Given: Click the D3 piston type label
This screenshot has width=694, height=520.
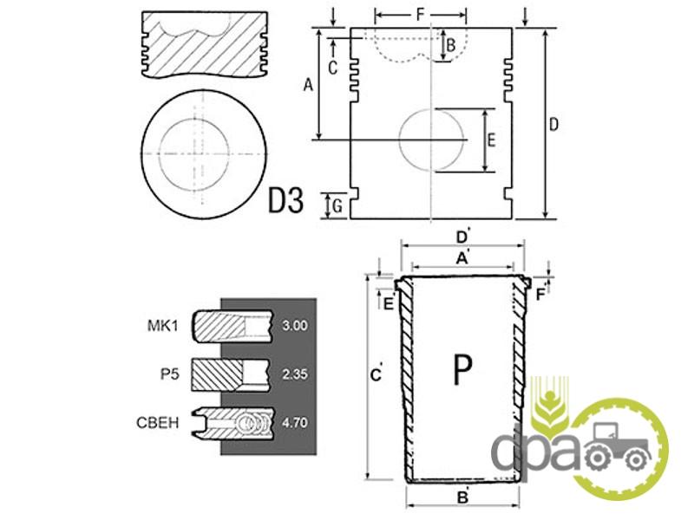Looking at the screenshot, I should pos(285,202).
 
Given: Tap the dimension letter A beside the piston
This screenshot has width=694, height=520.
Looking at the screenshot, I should pos(307,84).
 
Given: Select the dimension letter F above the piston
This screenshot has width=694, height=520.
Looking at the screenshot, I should pos(421,15).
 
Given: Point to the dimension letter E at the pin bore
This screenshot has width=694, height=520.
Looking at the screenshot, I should pos(491,140).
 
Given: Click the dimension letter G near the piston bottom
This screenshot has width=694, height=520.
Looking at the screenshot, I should pos(337,205).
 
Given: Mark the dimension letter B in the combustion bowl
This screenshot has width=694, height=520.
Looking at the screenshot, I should pos(450,44).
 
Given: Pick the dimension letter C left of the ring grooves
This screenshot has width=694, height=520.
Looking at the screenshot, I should pos(332,65).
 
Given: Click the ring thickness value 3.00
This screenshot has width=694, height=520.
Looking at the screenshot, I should pos(296,327).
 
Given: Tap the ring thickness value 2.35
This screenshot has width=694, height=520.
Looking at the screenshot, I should pos(296,374).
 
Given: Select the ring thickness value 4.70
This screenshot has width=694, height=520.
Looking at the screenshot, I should pos(296,425).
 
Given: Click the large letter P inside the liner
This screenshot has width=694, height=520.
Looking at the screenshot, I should pos(463,370).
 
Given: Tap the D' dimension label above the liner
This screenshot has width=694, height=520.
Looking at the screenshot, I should pos(462,236).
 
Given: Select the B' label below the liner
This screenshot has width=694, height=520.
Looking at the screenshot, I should pos(463,497).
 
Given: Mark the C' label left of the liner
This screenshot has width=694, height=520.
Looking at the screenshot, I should pos(376,374).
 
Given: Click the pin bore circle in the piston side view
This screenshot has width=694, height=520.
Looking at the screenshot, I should pos(432,140).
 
